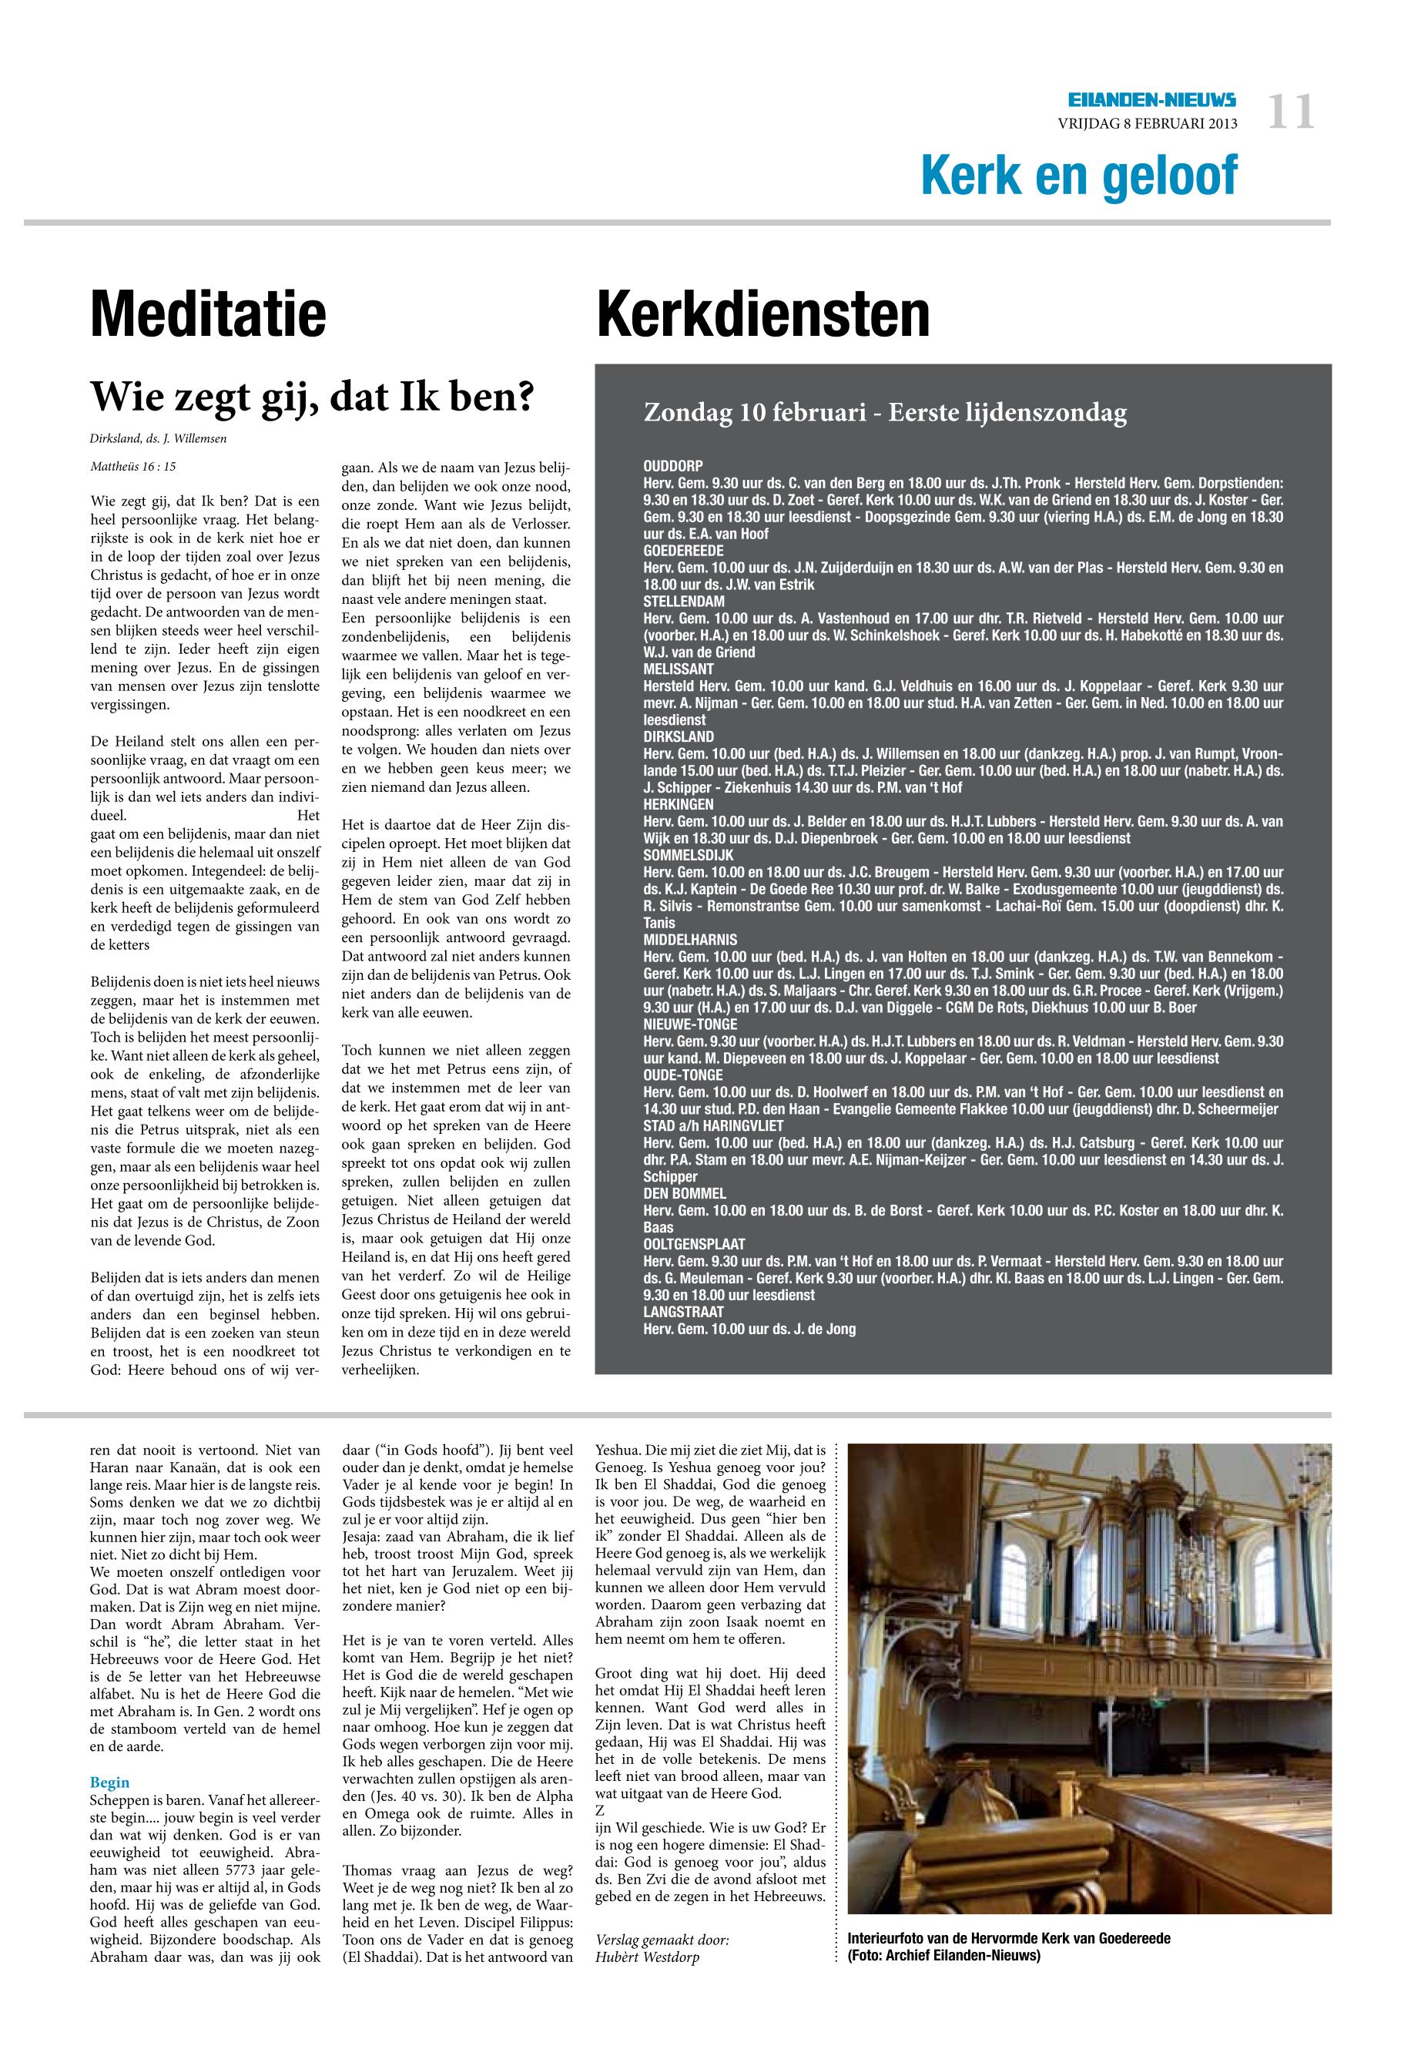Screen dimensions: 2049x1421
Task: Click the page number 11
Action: click(x=1290, y=114)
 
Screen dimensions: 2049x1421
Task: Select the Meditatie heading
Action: click(x=209, y=314)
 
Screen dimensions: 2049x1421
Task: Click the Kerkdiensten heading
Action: click(x=763, y=314)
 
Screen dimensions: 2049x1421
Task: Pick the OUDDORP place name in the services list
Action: click(x=673, y=466)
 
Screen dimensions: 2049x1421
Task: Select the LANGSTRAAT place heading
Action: click(x=683, y=1313)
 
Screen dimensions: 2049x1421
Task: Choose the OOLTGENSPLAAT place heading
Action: click(x=695, y=1245)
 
